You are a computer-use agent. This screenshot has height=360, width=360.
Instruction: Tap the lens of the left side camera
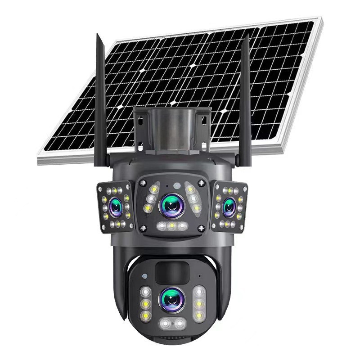tap(116, 206)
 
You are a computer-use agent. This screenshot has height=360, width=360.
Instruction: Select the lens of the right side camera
tap(229, 207)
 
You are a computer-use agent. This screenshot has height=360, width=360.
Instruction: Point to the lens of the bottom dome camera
tap(171, 299)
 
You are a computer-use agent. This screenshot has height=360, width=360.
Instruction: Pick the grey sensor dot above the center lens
tap(176, 185)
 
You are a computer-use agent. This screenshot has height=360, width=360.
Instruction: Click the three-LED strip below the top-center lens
tap(171, 226)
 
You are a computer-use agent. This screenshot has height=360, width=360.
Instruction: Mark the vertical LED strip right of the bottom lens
tap(198, 304)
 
